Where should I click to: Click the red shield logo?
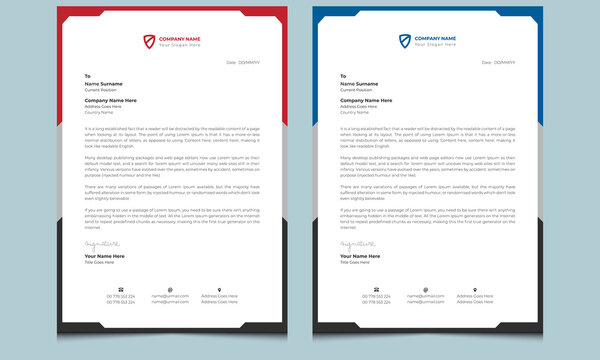(150, 40)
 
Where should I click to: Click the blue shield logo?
(404, 40)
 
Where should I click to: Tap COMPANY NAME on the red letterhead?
(180, 37)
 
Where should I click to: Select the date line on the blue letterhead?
(497, 62)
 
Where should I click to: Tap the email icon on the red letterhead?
(170, 289)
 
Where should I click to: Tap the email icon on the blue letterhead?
(424, 289)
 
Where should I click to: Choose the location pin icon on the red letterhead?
(219, 289)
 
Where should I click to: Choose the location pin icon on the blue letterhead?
(473, 289)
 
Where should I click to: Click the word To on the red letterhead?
(88, 76)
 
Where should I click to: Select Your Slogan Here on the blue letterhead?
(436, 45)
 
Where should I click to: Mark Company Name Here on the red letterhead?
(111, 100)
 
